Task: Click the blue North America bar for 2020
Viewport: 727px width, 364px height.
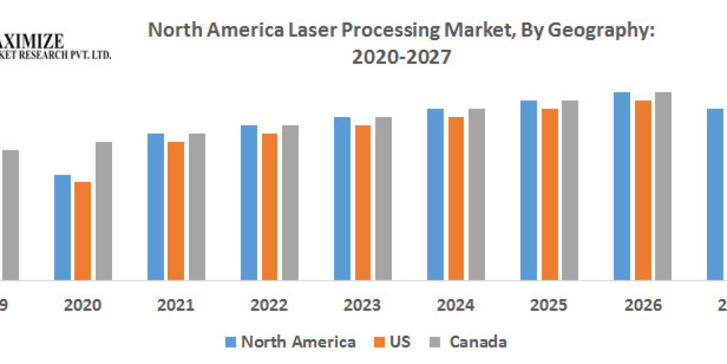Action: click(62, 227)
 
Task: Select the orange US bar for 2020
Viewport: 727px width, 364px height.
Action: click(82, 231)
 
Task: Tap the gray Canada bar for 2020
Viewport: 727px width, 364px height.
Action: click(104, 211)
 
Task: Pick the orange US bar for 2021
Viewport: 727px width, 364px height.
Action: click(176, 211)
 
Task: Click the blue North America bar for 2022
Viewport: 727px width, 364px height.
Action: click(249, 203)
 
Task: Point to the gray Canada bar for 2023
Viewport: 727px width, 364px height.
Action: click(383, 198)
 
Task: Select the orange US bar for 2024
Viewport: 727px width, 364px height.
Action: click(456, 198)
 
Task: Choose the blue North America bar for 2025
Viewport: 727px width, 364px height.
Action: click(528, 190)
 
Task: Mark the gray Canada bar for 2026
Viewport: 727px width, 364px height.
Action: click(663, 186)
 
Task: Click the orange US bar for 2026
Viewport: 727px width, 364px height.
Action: click(643, 190)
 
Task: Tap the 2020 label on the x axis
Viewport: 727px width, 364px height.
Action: click(83, 305)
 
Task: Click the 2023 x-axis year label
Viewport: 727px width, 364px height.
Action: click(363, 305)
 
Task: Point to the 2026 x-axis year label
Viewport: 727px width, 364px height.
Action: click(643, 305)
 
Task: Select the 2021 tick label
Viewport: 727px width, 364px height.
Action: click(176, 305)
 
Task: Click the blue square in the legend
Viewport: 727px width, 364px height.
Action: click(231, 342)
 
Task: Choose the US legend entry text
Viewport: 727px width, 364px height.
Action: click(400, 342)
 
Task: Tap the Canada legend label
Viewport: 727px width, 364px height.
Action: click(478, 342)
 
